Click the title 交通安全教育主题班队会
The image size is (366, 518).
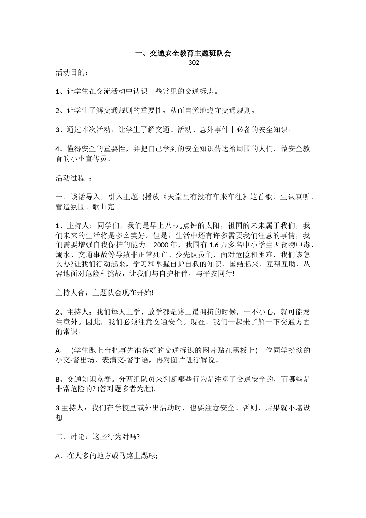pos(183,54)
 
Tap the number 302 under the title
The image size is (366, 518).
pos(194,63)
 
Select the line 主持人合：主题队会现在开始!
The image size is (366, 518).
pos(105,293)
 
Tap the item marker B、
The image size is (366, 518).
pos(60,379)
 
